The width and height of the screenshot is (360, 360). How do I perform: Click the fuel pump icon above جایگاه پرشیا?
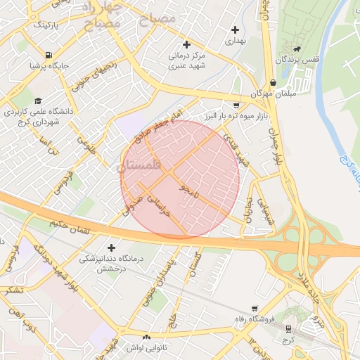click(x=48, y=55)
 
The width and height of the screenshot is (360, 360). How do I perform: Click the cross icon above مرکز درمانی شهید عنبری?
click(x=186, y=44)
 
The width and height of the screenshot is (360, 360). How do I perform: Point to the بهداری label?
click(x=235, y=41)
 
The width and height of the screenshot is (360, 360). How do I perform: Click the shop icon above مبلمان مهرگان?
click(x=273, y=82)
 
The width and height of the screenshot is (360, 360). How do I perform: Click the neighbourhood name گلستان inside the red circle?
click(x=140, y=165)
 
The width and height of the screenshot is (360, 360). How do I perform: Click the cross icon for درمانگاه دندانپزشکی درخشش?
click(x=111, y=247)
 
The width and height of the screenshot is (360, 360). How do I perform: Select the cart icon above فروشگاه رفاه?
click(x=254, y=308)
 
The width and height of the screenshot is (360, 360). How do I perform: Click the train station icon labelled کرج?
click(x=288, y=329)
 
